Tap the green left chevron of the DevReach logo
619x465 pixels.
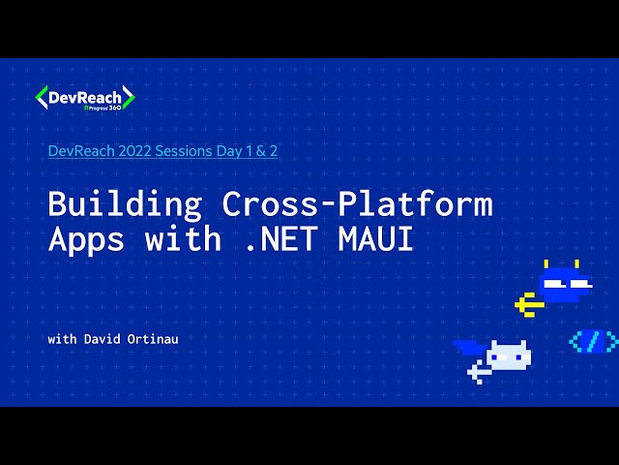click(41, 97)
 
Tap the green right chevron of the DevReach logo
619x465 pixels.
click(129, 97)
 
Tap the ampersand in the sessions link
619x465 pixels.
click(259, 151)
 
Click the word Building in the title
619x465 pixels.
click(125, 204)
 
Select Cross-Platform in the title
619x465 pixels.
click(357, 204)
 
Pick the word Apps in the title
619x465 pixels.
click(86, 238)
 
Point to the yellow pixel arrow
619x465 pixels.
click(527, 304)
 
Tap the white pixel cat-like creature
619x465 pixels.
click(508, 356)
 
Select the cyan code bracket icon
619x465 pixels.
click(592, 340)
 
